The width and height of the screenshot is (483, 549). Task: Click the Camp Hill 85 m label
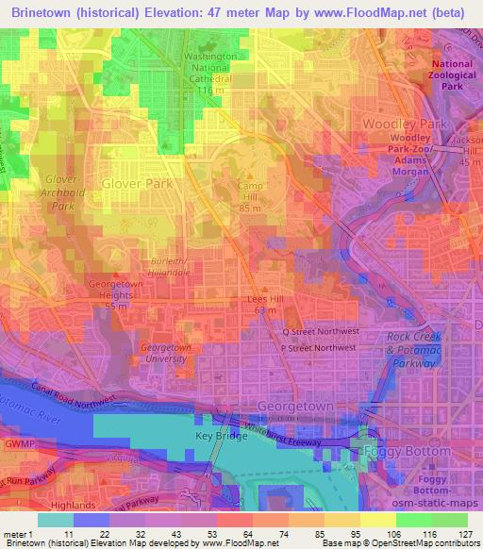[x=249, y=191]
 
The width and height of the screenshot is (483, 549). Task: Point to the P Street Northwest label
[x=317, y=348]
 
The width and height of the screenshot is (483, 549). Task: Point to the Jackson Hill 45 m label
[x=466, y=156]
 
